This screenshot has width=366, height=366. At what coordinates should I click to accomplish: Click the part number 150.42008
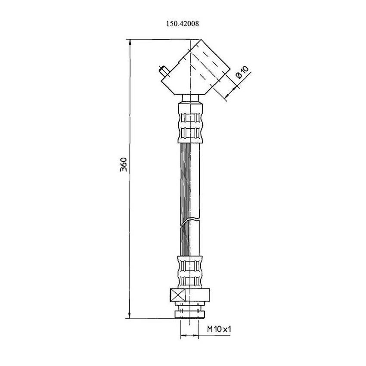pyautogui.click(x=183, y=25)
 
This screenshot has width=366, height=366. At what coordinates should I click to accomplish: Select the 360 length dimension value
pyautogui.click(x=124, y=164)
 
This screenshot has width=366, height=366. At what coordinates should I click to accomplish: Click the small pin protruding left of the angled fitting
pyautogui.click(x=163, y=71)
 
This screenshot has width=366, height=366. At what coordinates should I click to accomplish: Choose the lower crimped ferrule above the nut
pyautogui.click(x=189, y=272)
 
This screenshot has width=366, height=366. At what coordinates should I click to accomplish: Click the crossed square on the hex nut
pyautogui.click(x=177, y=296)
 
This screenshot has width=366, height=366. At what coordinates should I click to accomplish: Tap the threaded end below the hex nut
pyautogui.click(x=189, y=311)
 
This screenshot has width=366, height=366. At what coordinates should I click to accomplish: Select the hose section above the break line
pyautogui.click(x=189, y=181)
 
